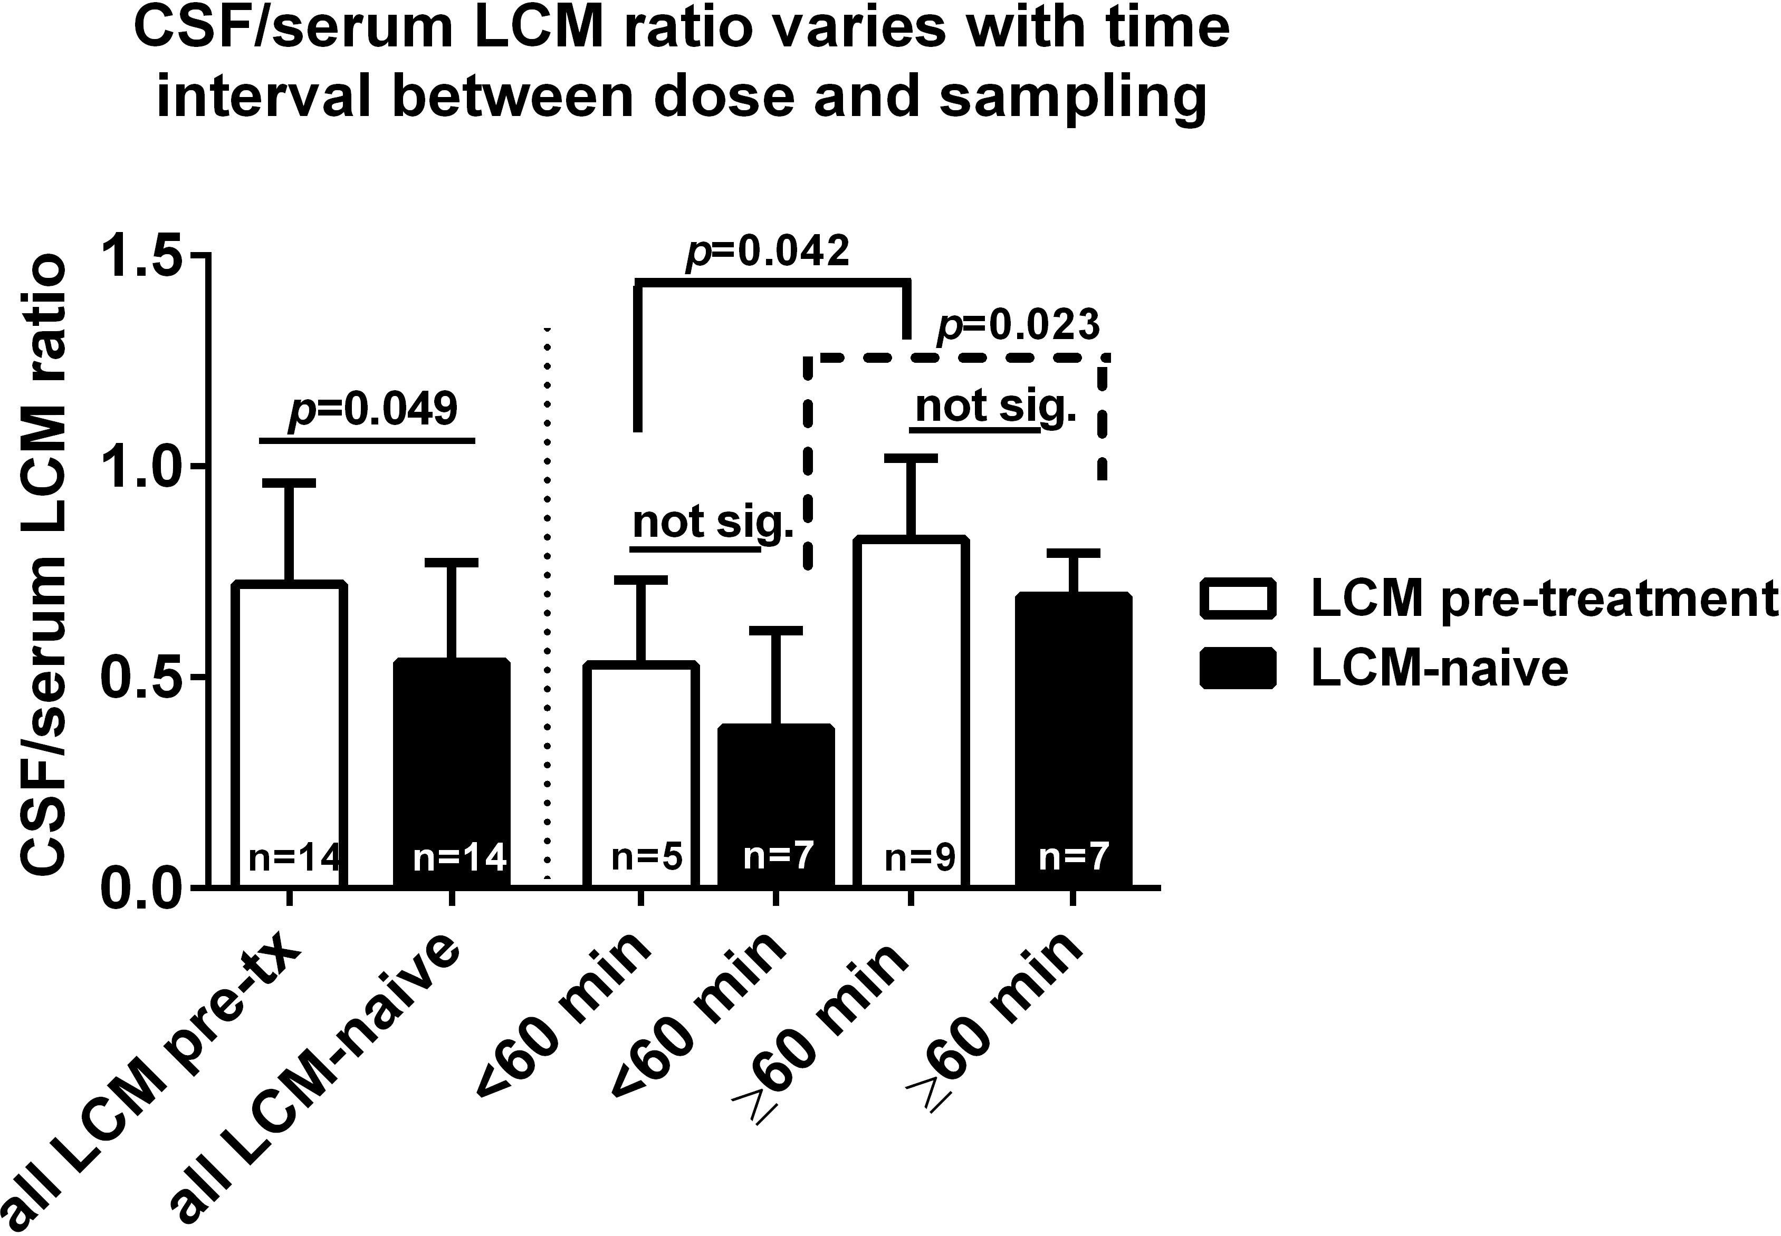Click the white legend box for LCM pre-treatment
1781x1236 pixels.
pyautogui.click(x=1237, y=598)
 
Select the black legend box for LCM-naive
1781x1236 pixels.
pyautogui.click(x=1237, y=668)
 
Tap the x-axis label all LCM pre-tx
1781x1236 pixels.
pyautogui.click(x=155, y=1084)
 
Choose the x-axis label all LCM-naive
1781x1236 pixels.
pyautogui.click(x=318, y=1084)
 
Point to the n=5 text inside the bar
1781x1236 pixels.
pyautogui.click(x=646, y=857)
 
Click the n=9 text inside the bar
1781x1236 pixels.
pyautogui.click(x=919, y=857)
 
